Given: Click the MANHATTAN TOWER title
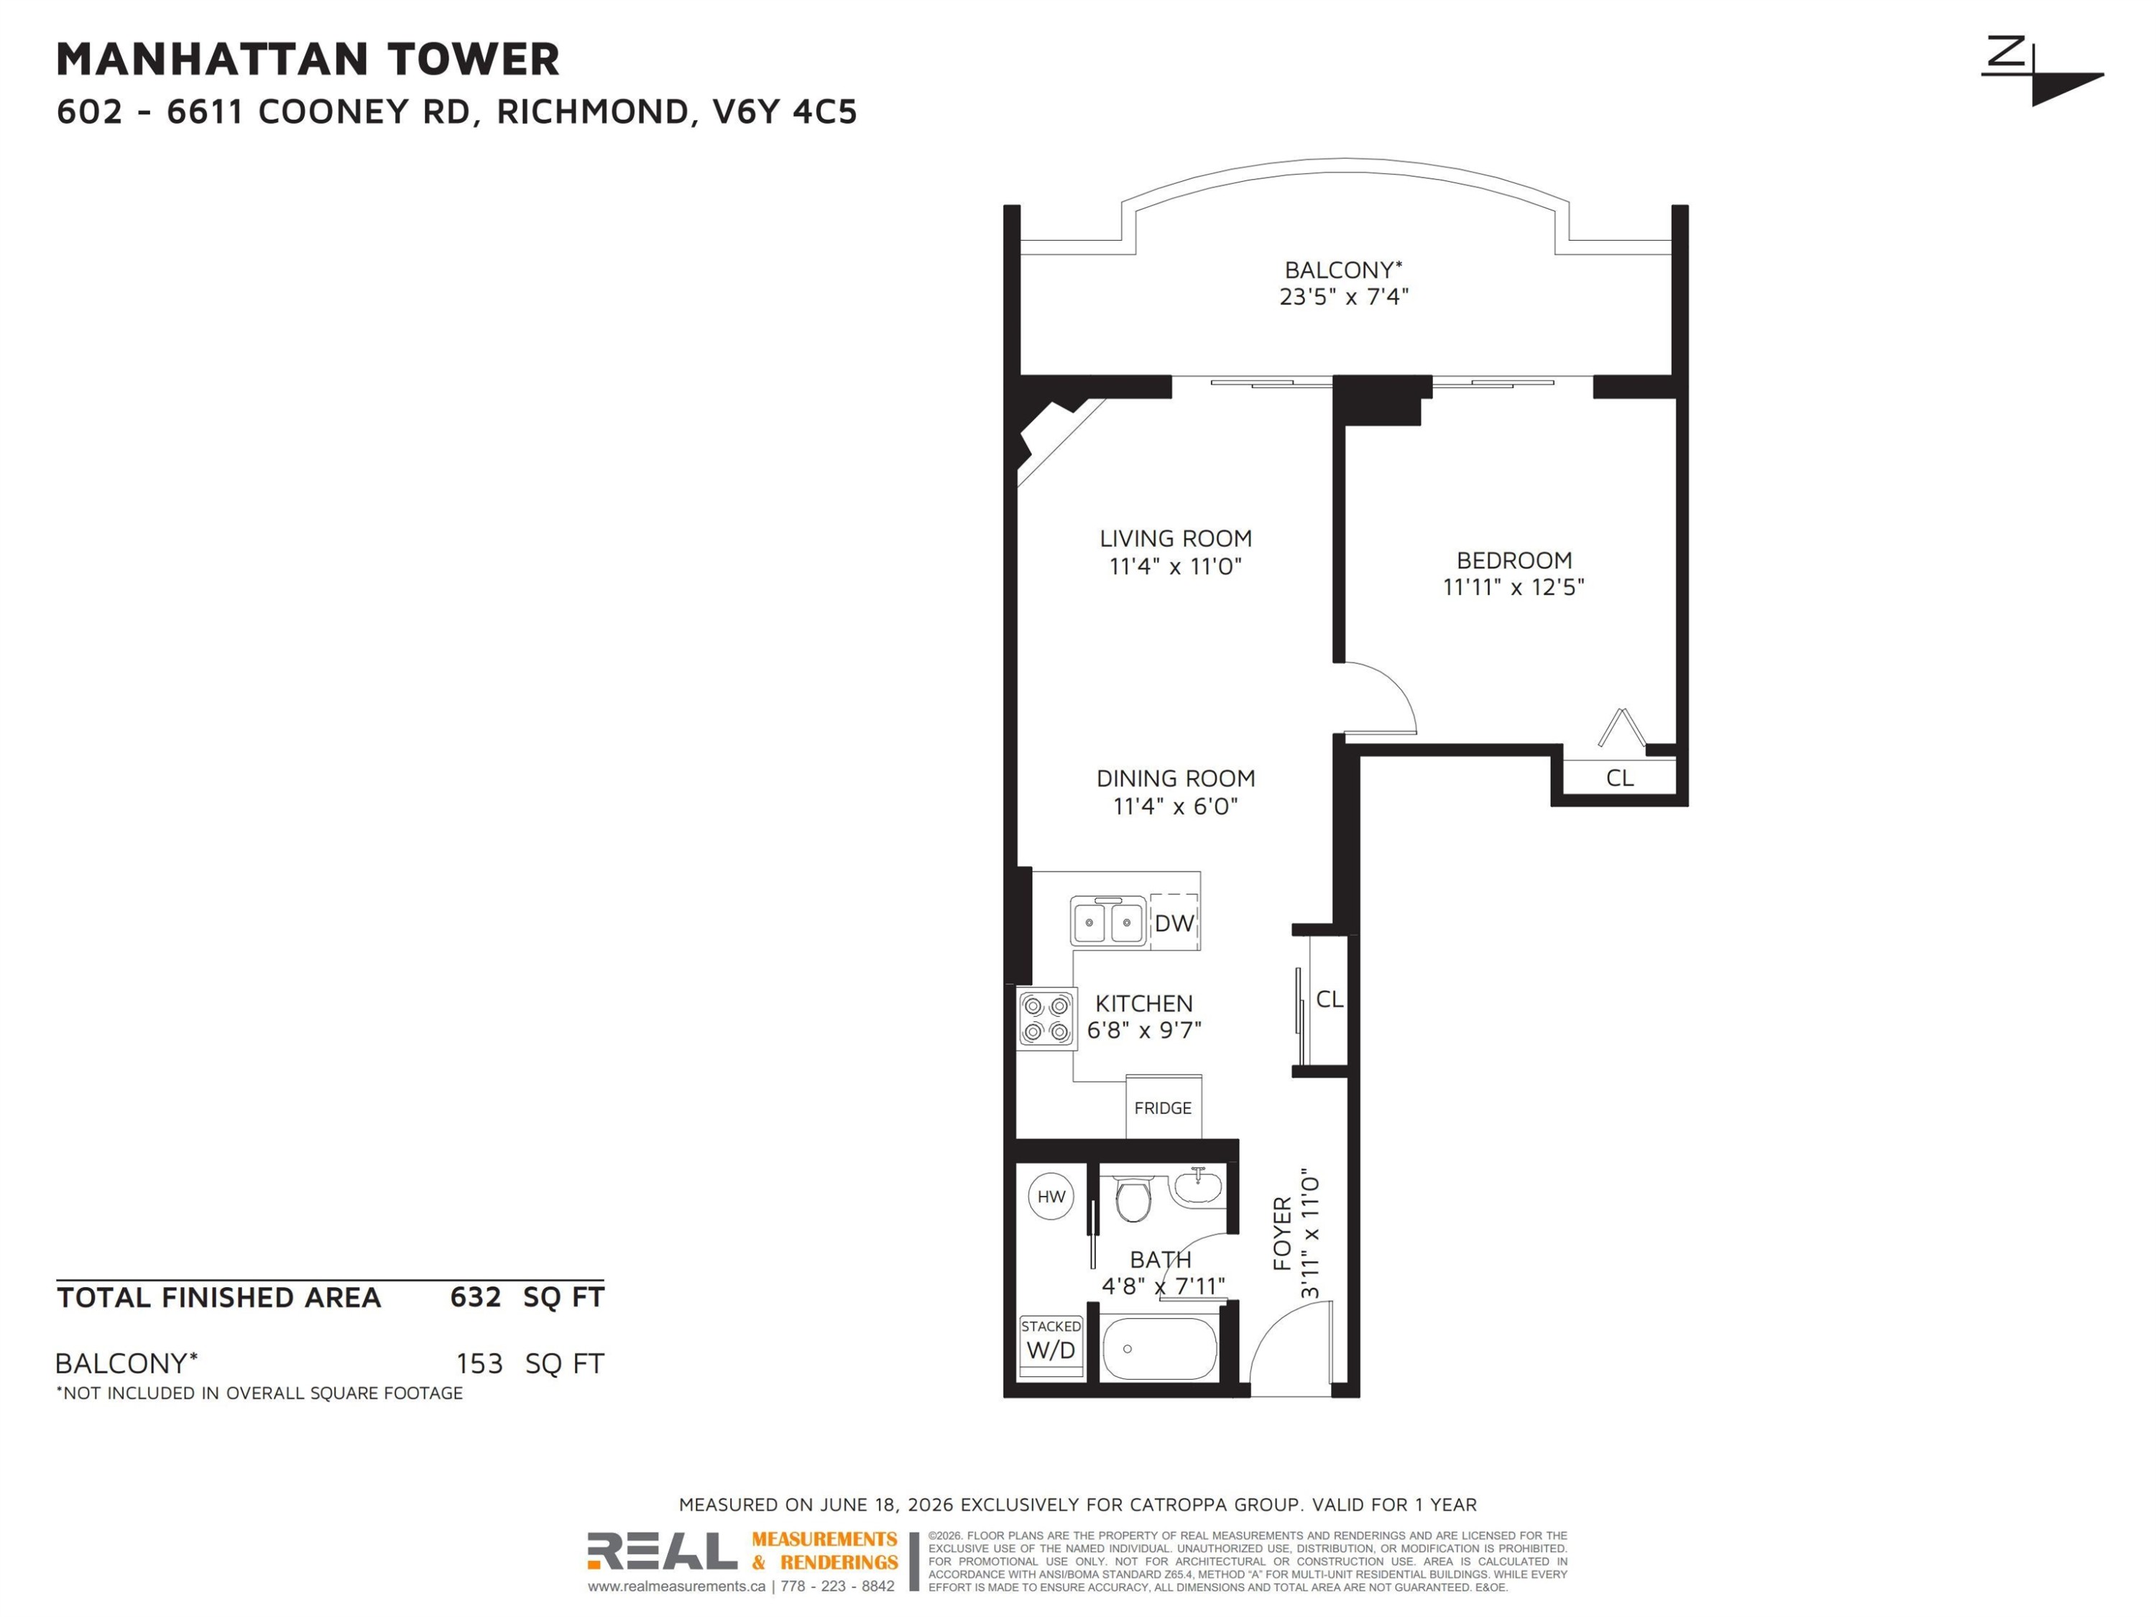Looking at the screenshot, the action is coord(308,60).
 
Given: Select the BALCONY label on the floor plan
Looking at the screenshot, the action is coord(1343,270).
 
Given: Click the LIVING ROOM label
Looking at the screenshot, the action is coord(1176,538).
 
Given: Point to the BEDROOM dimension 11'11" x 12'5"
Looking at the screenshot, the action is coord(1514,586).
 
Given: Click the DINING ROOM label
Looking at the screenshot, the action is coord(1176,778).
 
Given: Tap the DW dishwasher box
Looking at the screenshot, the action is coord(1174,921).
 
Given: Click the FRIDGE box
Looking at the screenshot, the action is coord(1164,1106).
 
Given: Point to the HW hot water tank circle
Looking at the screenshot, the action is coord(1051,1197).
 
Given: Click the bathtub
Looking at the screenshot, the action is coord(1160,1349).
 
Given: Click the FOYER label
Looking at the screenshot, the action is coord(1283,1234).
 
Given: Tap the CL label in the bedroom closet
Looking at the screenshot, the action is coord(1620,778).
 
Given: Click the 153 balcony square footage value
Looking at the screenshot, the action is coord(479,1363).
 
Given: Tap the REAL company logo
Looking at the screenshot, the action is coord(662,1551).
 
